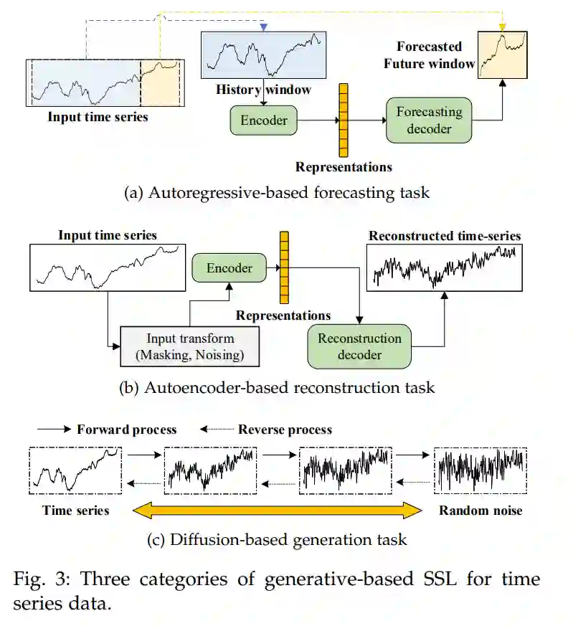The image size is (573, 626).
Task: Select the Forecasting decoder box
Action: [429, 120]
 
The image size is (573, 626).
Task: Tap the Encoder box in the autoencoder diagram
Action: [229, 267]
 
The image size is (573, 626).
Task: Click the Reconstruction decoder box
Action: [359, 346]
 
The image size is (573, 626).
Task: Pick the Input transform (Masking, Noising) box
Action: [190, 346]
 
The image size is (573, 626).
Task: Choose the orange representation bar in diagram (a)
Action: [344, 120]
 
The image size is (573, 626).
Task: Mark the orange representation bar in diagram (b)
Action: [285, 267]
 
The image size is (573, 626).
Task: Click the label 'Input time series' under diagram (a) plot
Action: [98, 117]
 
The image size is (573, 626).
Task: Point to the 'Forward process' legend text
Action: [126, 430]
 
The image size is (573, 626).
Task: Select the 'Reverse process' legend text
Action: [285, 430]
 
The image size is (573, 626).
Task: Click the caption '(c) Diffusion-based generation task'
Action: [277, 540]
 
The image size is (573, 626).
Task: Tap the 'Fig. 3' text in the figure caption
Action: [35, 579]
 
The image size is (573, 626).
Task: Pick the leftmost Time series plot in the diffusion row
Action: [75, 470]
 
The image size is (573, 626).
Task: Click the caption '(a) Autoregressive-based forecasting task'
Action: [277, 194]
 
